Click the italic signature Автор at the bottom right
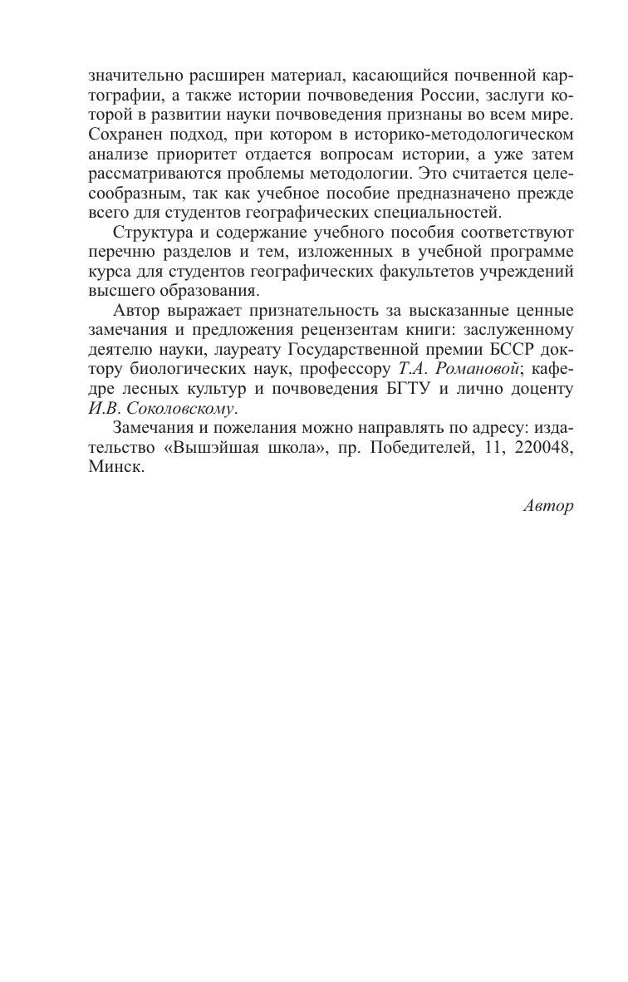click(548, 506)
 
